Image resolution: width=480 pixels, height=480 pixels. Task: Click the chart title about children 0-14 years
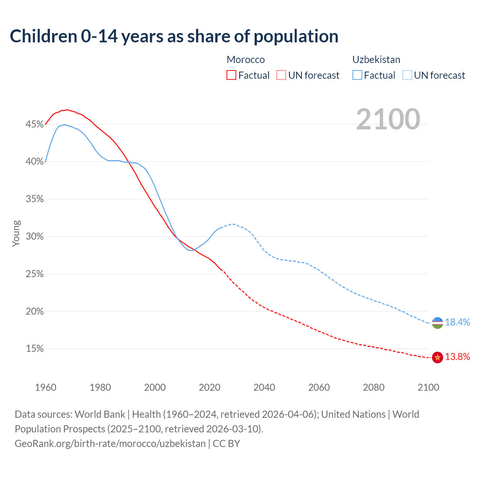click(174, 36)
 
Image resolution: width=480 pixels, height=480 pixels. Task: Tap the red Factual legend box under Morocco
click(231, 75)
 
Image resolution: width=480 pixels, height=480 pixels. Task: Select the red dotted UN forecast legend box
click(281, 75)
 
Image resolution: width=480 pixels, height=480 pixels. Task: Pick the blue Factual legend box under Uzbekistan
click(357, 75)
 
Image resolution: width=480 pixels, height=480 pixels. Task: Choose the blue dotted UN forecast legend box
click(407, 75)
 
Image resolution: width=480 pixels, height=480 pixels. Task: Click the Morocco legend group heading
click(246, 60)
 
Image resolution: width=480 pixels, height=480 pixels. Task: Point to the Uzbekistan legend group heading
click(376, 60)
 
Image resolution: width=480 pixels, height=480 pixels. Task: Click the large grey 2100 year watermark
click(388, 119)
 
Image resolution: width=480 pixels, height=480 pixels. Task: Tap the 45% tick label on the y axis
click(34, 124)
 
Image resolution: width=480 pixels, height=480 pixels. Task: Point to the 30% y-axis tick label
click(34, 237)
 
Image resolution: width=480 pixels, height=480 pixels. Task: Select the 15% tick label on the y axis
click(34, 349)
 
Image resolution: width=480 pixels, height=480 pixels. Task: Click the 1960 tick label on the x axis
click(45, 387)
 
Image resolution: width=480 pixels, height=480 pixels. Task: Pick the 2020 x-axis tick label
click(210, 387)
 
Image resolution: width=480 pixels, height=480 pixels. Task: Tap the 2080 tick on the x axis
click(373, 387)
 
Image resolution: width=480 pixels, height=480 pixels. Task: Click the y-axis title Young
click(16, 233)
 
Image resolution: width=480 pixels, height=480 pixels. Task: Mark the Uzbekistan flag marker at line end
click(437, 322)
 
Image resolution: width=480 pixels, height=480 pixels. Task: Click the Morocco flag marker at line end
click(437, 357)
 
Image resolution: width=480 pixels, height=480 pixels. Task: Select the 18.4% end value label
click(457, 322)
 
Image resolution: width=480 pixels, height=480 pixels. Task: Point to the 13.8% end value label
click(457, 357)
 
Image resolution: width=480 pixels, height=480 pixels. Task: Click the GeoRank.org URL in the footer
click(110, 444)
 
